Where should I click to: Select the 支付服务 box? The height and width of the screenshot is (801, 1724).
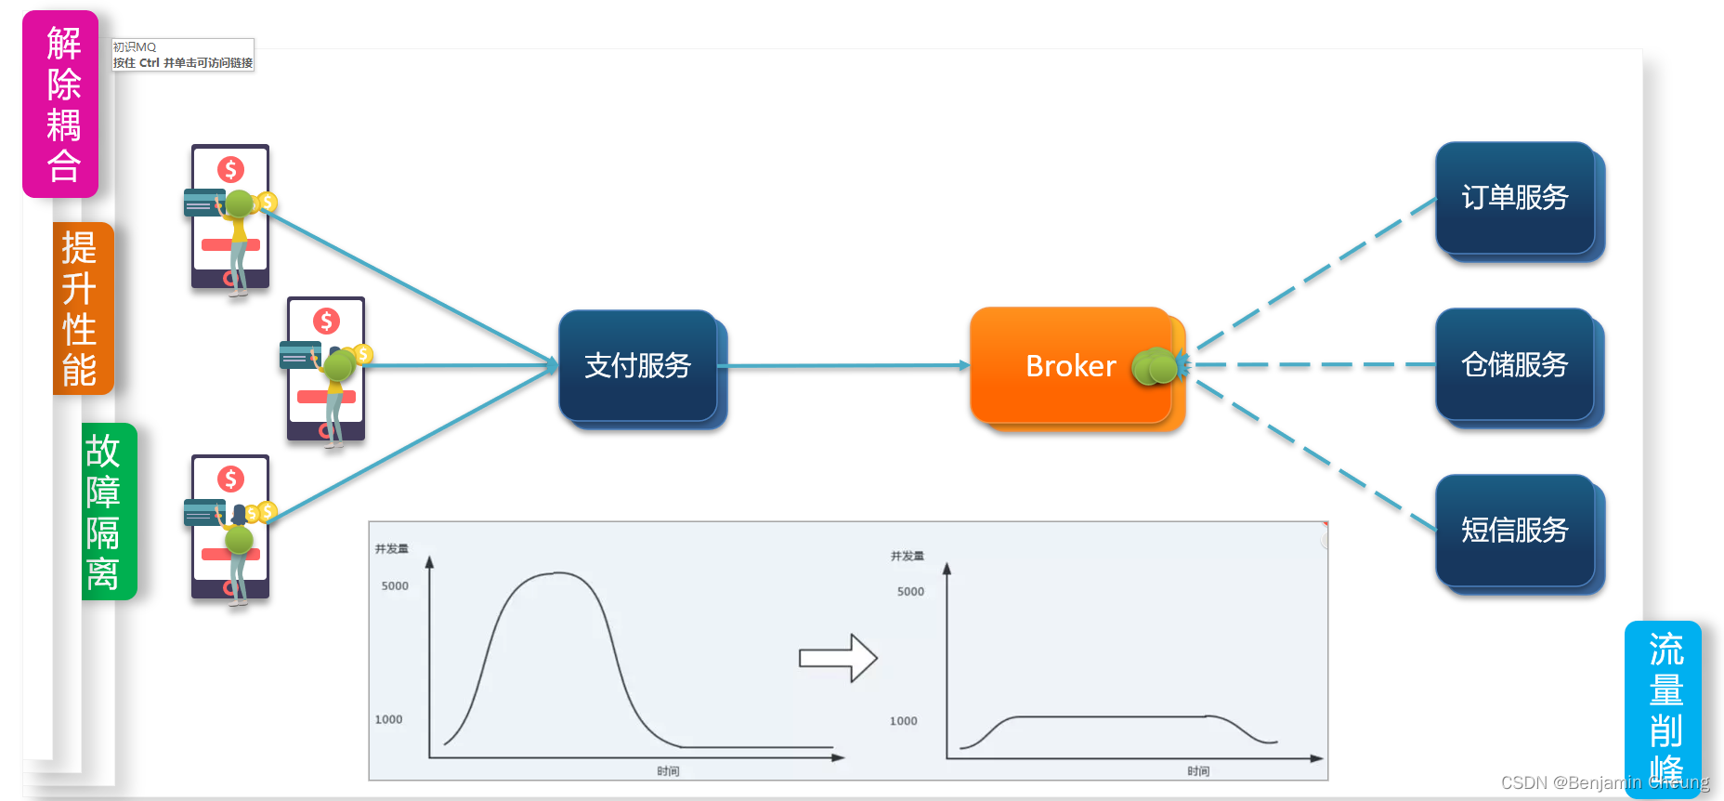click(638, 366)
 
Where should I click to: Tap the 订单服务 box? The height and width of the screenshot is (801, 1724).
click(1514, 198)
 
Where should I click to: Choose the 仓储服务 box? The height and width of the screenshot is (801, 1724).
click(1514, 364)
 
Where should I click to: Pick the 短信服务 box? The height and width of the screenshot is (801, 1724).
click(1514, 530)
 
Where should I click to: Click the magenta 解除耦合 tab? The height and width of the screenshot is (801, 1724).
click(61, 104)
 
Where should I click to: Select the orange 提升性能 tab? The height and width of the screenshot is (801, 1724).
click(82, 309)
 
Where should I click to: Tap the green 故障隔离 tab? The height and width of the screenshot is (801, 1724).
click(107, 511)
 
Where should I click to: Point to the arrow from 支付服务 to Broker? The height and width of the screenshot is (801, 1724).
click(845, 366)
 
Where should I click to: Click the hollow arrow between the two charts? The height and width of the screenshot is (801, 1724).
click(838, 658)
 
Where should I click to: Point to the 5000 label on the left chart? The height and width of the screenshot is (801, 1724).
click(395, 586)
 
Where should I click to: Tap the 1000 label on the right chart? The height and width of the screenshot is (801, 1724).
click(903, 721)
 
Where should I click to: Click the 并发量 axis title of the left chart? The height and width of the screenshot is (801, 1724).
click(391, 549)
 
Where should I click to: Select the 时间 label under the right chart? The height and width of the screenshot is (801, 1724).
click(1198, 771)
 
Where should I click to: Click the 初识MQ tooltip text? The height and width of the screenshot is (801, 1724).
click(135, 47)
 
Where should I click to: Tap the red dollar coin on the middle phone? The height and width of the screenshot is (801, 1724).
click(326, 322)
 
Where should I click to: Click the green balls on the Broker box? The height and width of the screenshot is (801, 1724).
click(1156, 367)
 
